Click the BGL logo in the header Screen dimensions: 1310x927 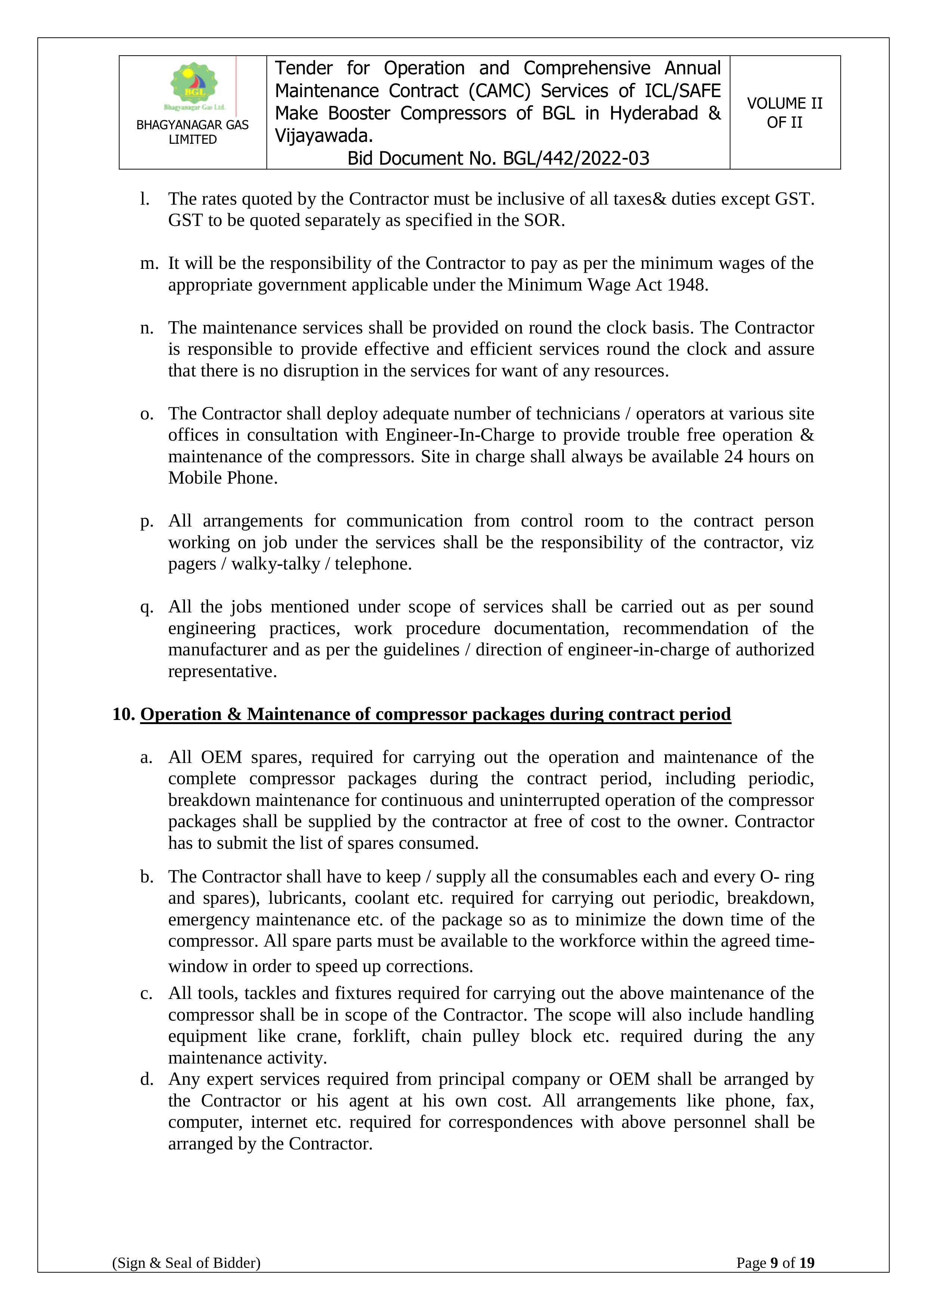coord(194,86)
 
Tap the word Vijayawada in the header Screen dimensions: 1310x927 coord(323,136)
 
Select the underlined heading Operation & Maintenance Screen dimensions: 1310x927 coord(435,714)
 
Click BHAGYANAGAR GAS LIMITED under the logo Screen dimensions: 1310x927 coord(192,132)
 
